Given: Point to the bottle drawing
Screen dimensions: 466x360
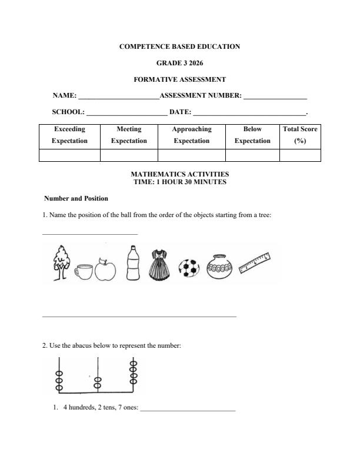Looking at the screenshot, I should (133, 264).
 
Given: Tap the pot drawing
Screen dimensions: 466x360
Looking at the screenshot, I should (220, 267).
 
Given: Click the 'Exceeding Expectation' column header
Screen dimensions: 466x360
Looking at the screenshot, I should (69, 135).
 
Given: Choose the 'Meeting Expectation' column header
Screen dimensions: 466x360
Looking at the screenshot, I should (129, 135).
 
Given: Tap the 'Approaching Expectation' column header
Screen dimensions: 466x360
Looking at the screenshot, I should (191, 135).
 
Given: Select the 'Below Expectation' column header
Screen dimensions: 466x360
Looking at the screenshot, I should (252, 135).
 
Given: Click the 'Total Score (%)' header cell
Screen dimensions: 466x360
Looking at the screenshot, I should (300, 135).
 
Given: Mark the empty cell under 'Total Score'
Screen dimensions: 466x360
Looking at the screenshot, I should (300, 155).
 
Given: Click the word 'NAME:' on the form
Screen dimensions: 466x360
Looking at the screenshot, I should (65, 95).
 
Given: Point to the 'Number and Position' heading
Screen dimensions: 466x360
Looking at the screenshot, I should (76, 199).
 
